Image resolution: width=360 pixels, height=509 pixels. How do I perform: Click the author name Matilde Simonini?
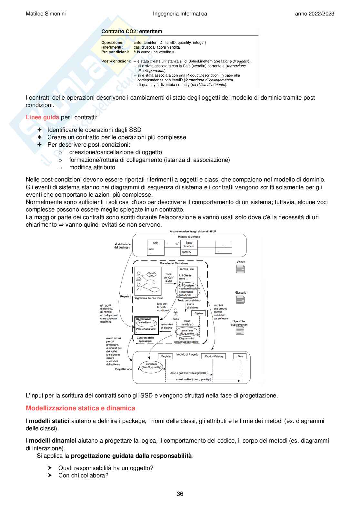tap(45, 14)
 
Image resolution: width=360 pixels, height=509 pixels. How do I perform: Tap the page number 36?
tap(180, 494)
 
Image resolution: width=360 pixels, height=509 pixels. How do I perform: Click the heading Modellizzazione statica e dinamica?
tap(80, 408)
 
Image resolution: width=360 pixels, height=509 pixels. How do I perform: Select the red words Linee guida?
tap(42, 117)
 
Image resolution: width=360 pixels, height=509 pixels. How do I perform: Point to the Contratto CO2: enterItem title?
tap(132, 32)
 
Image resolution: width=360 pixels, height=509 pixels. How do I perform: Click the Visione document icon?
tap(240, 269)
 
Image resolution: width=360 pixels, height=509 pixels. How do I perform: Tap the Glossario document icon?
tap(240, 300)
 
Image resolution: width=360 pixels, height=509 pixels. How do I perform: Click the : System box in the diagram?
tap(198, 313)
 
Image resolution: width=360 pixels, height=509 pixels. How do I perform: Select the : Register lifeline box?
tap(165, 356)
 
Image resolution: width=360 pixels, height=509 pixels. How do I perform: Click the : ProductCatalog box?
tap(214, 356)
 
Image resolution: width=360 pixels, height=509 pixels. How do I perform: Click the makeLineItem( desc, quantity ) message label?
tap(194, 379)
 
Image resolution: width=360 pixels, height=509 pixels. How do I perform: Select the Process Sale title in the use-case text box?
tap(186, 269)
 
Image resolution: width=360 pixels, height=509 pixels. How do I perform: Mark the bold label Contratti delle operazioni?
tap(145, 339)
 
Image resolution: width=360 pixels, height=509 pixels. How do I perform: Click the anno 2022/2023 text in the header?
tap(315, 14)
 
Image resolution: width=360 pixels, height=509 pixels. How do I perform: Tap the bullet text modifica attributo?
tap(92, 167)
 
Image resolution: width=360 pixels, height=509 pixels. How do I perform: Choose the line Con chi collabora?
tap(83, 475)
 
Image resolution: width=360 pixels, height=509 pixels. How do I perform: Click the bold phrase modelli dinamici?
tap(53, 441)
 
